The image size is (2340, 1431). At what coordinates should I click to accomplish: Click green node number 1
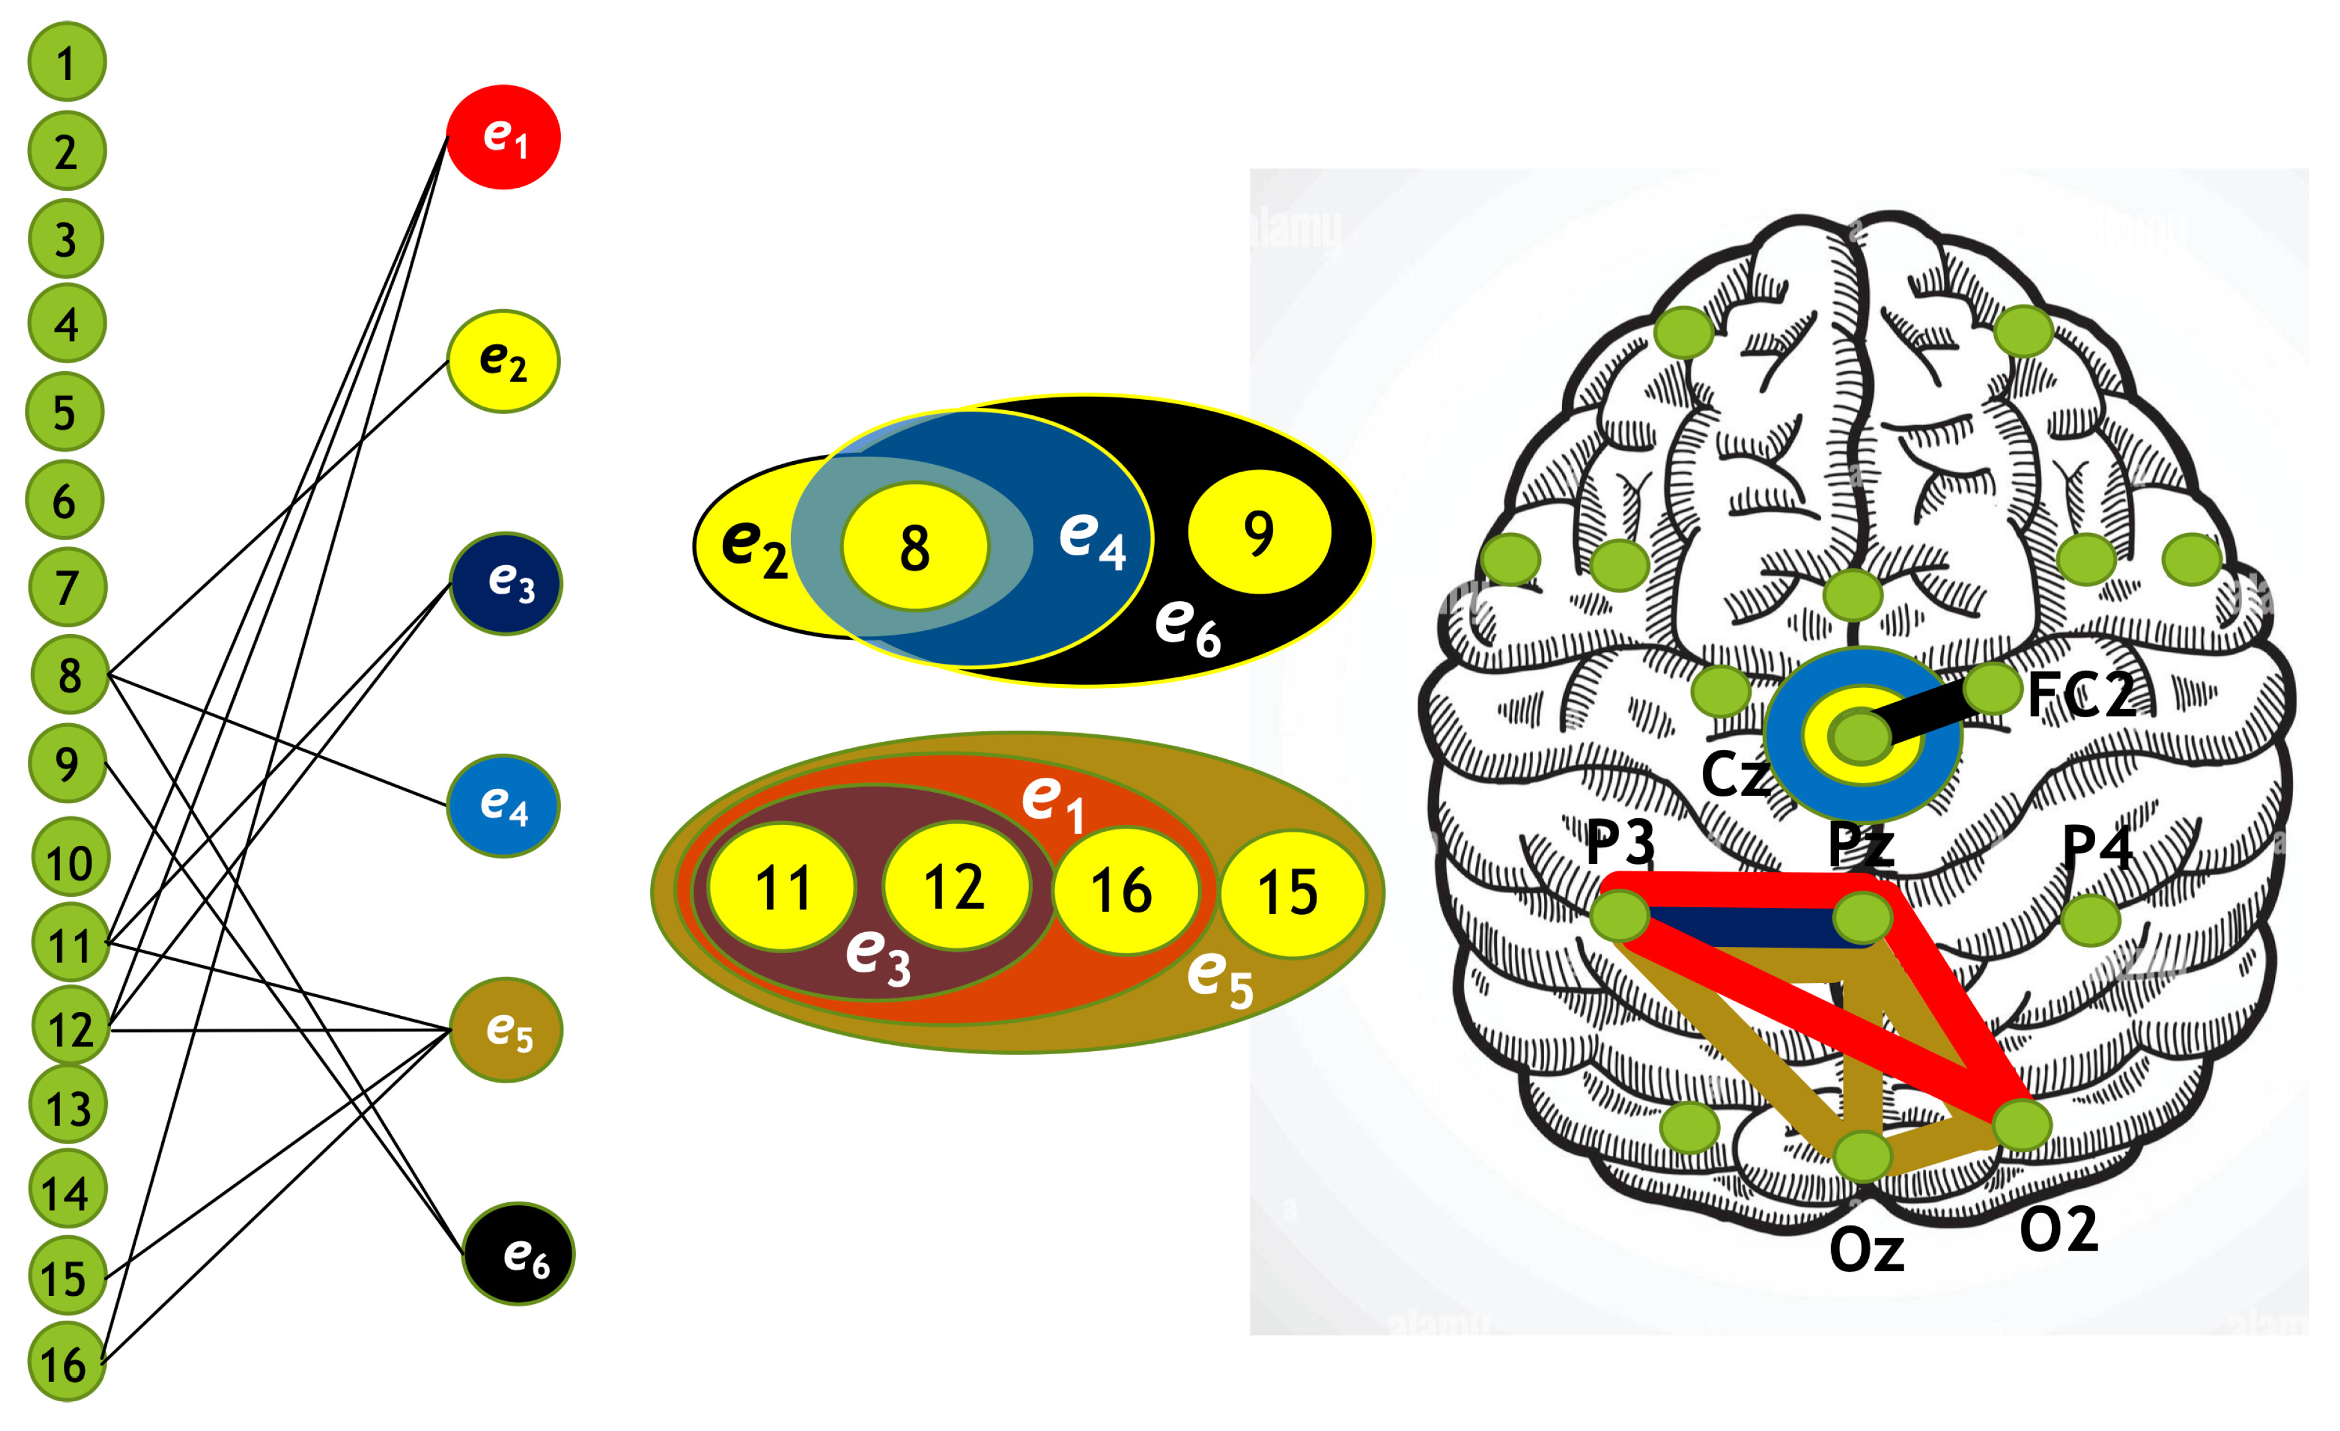[66, 63]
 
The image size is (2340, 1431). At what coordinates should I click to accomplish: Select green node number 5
[64, 412]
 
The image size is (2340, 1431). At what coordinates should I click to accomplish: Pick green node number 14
[66, 1190]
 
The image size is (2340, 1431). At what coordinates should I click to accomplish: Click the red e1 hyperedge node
[503, 138]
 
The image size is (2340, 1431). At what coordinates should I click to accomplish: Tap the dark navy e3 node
[505, 583]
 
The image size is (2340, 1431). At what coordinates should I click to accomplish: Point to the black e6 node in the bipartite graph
[519, 1254]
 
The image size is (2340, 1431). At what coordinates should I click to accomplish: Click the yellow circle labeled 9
[1260, 532]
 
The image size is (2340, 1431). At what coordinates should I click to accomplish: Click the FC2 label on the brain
[2080, 696]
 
